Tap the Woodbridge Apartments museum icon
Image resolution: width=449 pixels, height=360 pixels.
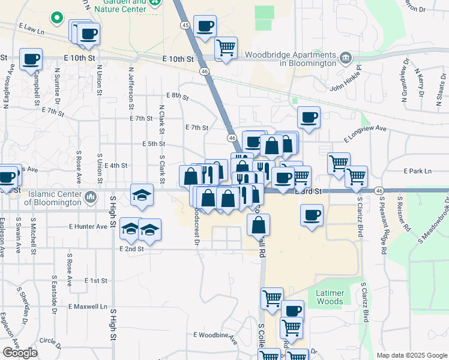[x=346, y=58]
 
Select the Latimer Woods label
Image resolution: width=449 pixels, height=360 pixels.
[x=330, y=297]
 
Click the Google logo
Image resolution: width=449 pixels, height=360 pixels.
[x=20, y=353]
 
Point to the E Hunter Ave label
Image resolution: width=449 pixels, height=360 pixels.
[x=88, y=226]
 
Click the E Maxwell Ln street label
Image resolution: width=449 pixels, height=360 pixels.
[x=88, y=307]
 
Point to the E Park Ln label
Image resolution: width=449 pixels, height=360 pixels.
[x=418, y=171]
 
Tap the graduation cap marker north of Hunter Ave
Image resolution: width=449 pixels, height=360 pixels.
[x=142, y=195]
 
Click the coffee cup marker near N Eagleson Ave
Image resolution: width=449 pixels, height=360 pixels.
[x=31, y=59]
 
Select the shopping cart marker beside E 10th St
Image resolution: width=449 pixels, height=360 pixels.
[x=226, y=48]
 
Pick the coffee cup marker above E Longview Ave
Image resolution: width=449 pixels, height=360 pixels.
[x=309, y=118]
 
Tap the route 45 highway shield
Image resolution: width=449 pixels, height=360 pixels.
[x=185, y=25]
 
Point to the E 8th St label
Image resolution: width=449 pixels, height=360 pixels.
[x=177, y=96]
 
